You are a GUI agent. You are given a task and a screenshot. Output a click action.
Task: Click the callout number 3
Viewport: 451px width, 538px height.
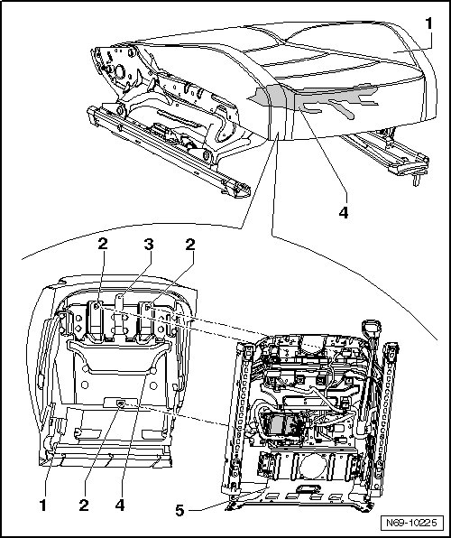tap(149, 245)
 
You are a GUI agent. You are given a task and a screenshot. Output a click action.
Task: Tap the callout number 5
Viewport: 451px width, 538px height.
tap(179, 511)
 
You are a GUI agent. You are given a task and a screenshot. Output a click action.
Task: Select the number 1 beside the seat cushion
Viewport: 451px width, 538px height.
tap(428, 23)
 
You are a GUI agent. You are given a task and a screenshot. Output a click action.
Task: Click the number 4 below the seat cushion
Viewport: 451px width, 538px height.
tap(344, 213)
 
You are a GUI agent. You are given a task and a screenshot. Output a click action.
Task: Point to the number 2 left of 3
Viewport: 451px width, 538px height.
tap(103, 244)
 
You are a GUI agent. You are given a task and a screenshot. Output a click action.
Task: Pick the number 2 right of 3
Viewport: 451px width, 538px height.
tap(190, 245)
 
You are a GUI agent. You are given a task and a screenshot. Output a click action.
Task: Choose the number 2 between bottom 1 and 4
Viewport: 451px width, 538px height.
tap(84, 506)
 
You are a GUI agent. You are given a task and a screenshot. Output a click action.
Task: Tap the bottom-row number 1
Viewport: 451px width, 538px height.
tap(43, 506)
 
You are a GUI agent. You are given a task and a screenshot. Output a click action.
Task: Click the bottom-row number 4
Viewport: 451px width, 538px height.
tap(120, 506)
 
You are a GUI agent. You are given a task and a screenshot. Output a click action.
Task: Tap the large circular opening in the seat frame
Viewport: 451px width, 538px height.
tap(313, 468)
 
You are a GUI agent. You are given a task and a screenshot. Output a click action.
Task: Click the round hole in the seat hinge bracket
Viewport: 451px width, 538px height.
tap(120, 72)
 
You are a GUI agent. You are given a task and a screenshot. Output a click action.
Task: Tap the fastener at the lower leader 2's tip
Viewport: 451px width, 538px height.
tap(121, 403)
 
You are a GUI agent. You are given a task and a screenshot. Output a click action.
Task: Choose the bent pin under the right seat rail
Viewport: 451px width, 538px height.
tap(416, 180)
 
